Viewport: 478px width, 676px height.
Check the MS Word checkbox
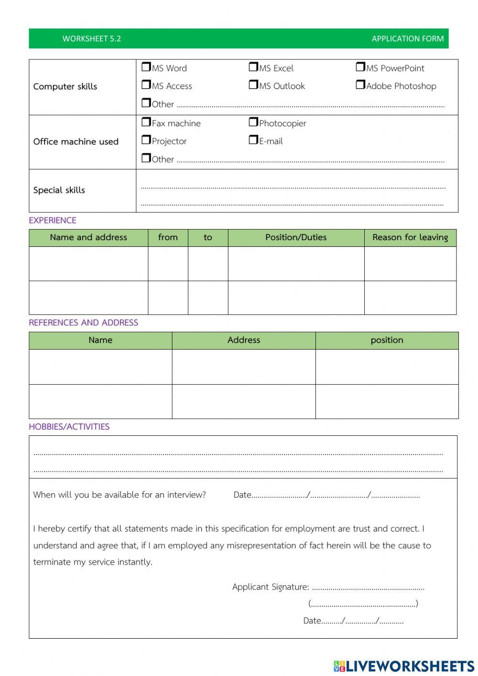[x=146, y=67]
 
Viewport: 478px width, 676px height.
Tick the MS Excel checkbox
[x=253, y=67]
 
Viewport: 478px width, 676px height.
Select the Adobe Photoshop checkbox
[x=360, y=85]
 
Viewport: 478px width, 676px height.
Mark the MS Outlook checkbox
[x=253, y=85]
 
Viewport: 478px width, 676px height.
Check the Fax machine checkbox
[x=146, y=122]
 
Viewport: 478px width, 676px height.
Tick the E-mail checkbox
[x=253, y=140]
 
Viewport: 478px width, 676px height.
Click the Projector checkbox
[x=146, y=140]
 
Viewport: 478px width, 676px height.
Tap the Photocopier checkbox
[x=253, y=122]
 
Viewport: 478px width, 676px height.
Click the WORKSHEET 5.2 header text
[x=91, y=39]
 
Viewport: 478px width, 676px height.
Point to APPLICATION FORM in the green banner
[x=407, y=39]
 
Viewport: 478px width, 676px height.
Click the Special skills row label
[x=59, y=190]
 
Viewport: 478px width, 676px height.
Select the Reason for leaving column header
[x=410, y=237]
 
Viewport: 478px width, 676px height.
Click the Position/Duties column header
[x=296, y=237]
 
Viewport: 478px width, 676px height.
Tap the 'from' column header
[x=168, y=237]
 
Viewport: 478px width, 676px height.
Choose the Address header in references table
[x=244, y=340]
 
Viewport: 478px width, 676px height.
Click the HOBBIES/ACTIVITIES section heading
[x=69, y=427]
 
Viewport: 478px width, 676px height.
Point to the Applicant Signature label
[x=271, y=587]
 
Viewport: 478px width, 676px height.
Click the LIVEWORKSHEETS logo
[x=404, y=666]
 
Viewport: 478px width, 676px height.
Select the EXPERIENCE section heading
[x=53, y=221]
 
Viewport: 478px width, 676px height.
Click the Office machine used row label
[x=76, y=142]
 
